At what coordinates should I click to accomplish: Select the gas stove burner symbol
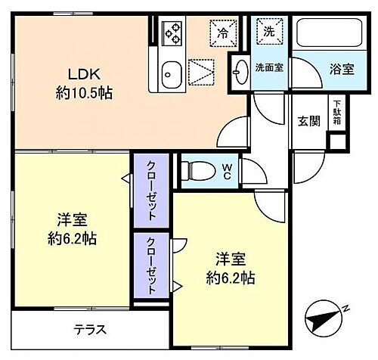point(172,33)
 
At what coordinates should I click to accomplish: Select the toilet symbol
point(200,168)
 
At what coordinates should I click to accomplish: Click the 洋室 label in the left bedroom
point(73,220)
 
